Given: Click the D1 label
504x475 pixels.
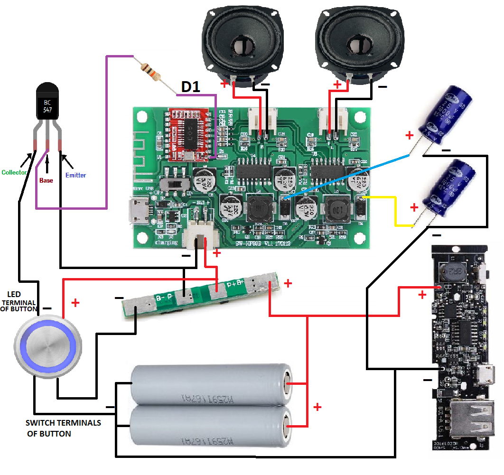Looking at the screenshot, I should click(191, 87).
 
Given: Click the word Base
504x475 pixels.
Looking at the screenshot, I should click(47, 180).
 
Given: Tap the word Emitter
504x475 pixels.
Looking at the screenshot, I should click(76, 175).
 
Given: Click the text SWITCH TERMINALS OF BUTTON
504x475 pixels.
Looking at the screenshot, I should click(63, 428).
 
